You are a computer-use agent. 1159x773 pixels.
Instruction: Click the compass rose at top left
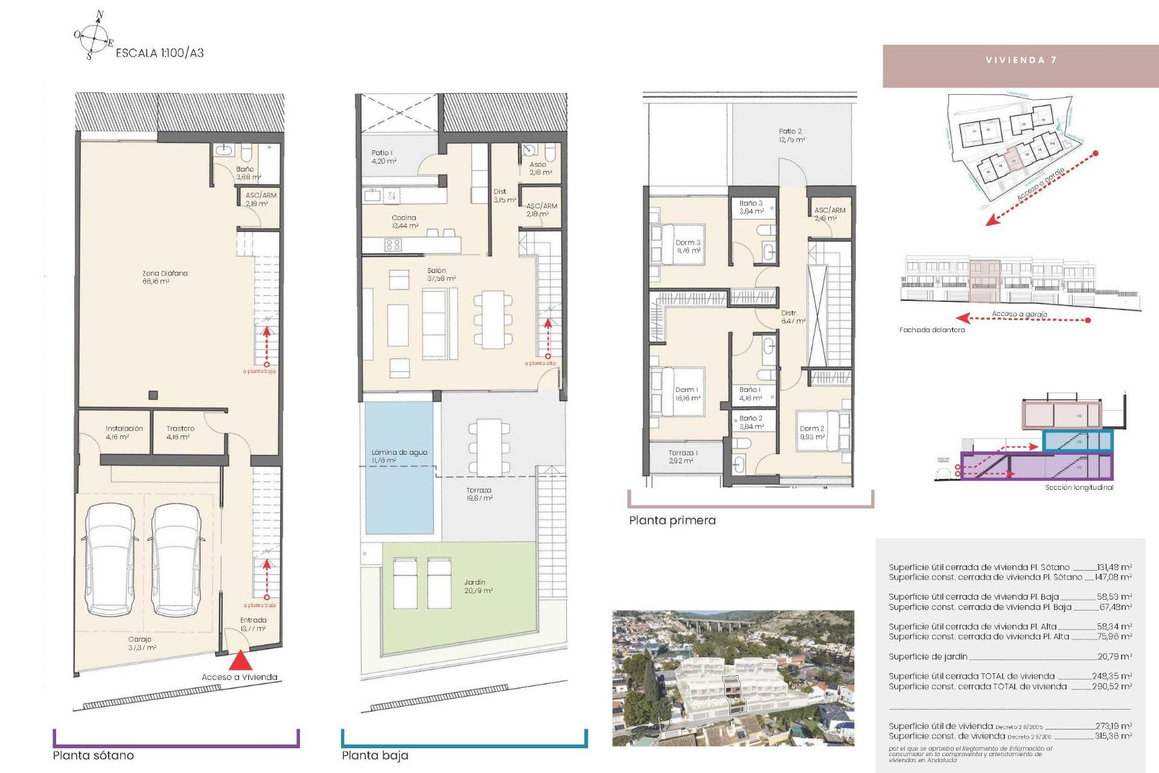(x=93, y=36)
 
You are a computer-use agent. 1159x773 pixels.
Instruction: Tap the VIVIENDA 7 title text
(x=1021, y=60)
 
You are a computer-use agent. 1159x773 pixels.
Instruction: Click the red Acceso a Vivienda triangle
(x=240, y=660)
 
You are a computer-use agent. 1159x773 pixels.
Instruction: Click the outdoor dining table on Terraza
(x=489, y=447)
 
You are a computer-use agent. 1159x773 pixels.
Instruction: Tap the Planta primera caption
(x=672, y=521)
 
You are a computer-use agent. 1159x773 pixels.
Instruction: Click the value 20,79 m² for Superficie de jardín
(x=1114, y=656)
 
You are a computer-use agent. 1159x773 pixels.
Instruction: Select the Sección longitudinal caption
(x=1079, y=487)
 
